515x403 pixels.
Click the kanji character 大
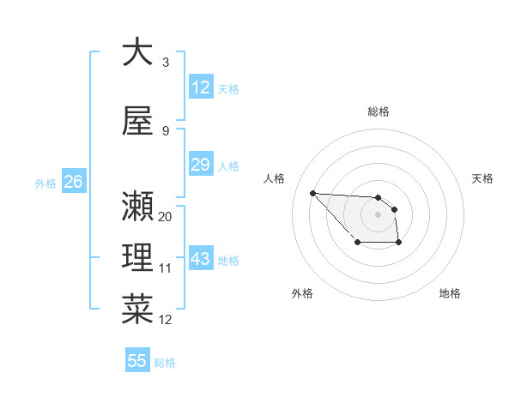(x=137, y=52)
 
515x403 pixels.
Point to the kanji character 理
(x=137, y=258)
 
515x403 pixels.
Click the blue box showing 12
(x=201, y=87)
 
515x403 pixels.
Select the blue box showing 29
(x=201, y=165)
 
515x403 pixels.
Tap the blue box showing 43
(x=201, y=259)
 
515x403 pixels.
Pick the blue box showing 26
(x=74, y=182)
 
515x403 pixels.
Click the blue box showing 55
(x=137, y=361)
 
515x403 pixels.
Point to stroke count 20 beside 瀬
(x=165, y=217)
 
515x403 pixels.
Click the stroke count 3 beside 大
(x=166, y=63)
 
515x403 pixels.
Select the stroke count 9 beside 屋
(x=166, y=131)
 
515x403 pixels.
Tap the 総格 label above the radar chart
(x=378, y=111)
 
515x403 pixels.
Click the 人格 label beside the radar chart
(x=275, y=178)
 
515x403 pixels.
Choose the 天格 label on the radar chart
(x=482, y=178)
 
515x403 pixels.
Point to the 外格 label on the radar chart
(x=302, y=293)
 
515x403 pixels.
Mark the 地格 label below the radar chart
(x=450, y=293)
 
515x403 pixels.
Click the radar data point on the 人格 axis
(x=312, y=193)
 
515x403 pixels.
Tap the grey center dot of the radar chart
(x=378, y=214)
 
